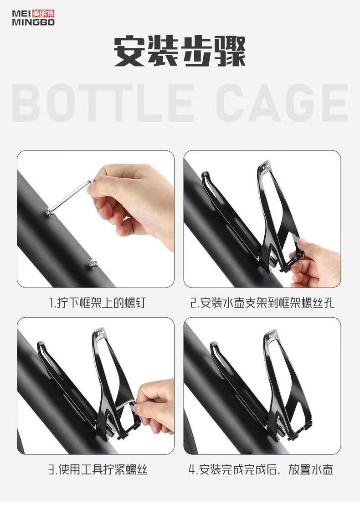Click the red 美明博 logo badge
click(43, 14)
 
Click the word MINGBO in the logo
click(33, 22)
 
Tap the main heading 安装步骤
click(180, 51)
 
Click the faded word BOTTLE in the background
click(103, 103)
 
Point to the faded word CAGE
click(282, 103)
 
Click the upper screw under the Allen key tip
click(50, 212)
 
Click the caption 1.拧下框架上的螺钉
click(97, 303)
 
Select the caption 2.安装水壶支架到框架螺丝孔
click(262, 303)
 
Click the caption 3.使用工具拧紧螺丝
click(98, 469)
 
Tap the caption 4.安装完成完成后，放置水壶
click(261, 469)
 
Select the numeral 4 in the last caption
click(191, 470)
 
